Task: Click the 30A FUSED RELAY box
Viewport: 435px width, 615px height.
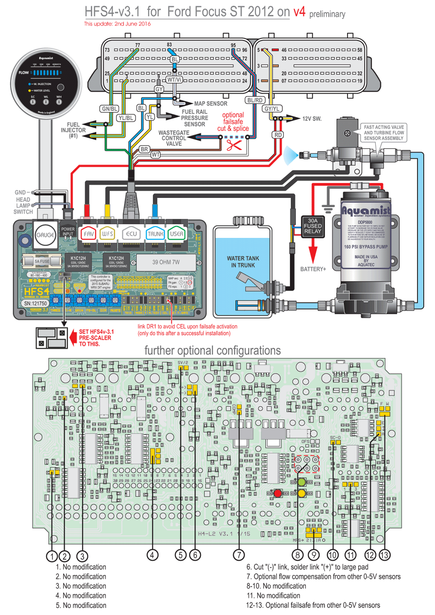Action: [312, 226]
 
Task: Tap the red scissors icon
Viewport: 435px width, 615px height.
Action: [234, 145]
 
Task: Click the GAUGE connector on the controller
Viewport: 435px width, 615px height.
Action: [45, 235]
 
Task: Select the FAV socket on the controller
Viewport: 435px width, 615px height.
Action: [89, 234]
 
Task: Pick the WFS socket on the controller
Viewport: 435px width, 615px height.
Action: [107, 234]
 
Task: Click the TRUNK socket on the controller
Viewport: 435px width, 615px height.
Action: [155, 234]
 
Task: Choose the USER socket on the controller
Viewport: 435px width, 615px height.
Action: [176, 234]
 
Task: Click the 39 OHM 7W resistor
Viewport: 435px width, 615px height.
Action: [166, 262]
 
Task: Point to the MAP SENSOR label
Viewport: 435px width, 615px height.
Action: [211, 104]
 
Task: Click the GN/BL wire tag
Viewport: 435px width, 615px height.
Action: [109, 109]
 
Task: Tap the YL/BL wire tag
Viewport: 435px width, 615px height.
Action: [126, 118]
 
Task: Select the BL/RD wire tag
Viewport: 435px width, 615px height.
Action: [255, 100]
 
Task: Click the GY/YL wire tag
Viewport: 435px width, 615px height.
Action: [272, 109]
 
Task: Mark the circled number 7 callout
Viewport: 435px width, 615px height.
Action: [239, 555]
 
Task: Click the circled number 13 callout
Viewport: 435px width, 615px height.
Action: [384, 555]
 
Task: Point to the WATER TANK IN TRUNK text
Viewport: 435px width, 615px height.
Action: [243, 262]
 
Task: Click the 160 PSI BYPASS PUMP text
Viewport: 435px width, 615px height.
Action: [365, 247]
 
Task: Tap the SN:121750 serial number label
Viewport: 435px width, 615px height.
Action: [35, 304]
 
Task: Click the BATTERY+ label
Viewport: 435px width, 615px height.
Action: [313, 269]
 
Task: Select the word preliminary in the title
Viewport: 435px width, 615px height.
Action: [327, 14]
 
